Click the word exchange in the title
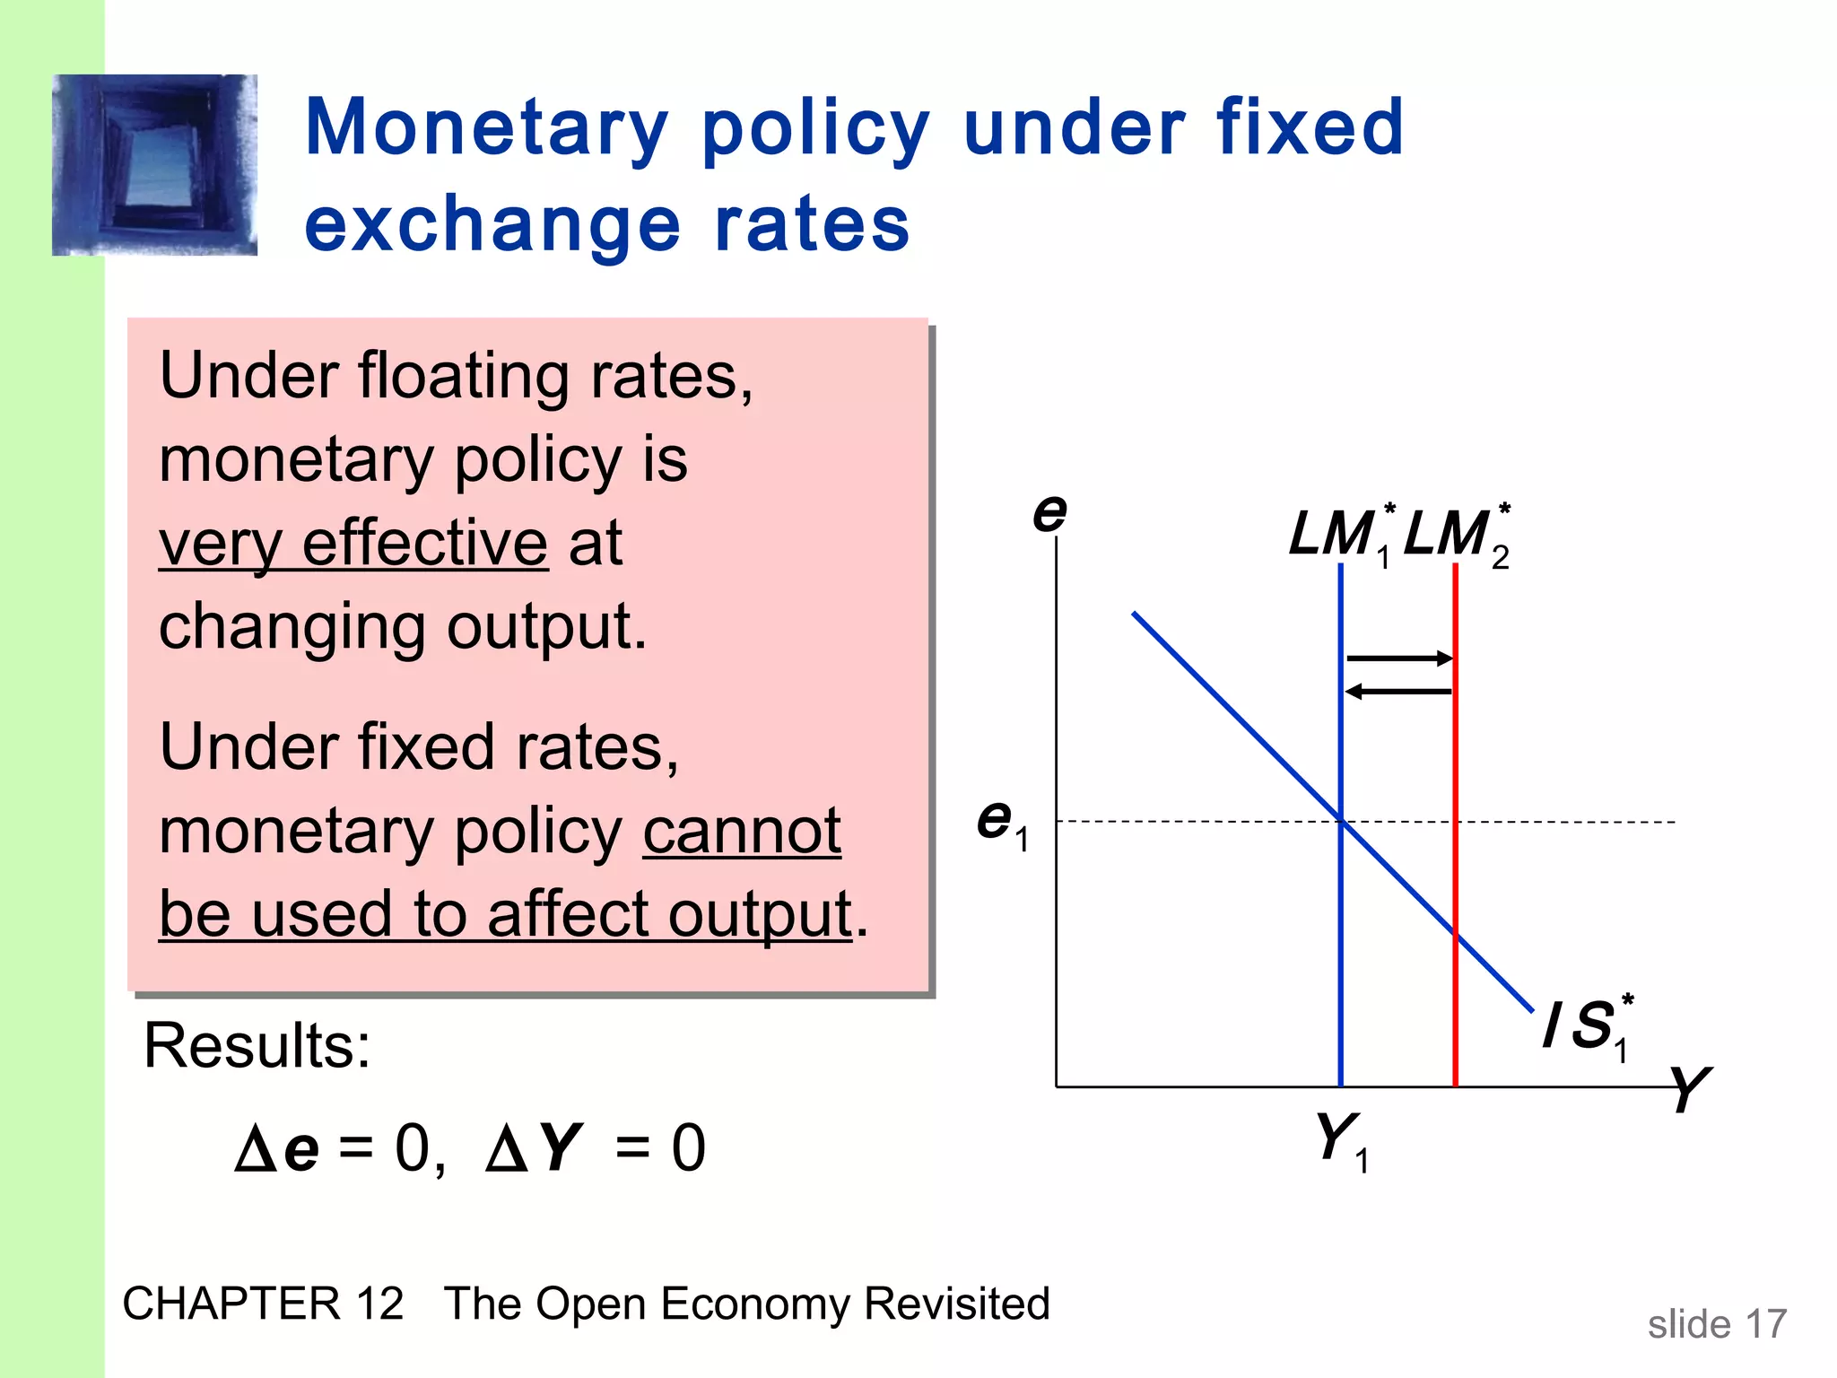[492, 225]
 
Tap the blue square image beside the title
[154, 165]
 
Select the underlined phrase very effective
[353, 544]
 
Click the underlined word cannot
[742, 832]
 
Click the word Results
[257, 1046]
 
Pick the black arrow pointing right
[1399, 658]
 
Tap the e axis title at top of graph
[1049, 512]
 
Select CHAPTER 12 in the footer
[263, 1304]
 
